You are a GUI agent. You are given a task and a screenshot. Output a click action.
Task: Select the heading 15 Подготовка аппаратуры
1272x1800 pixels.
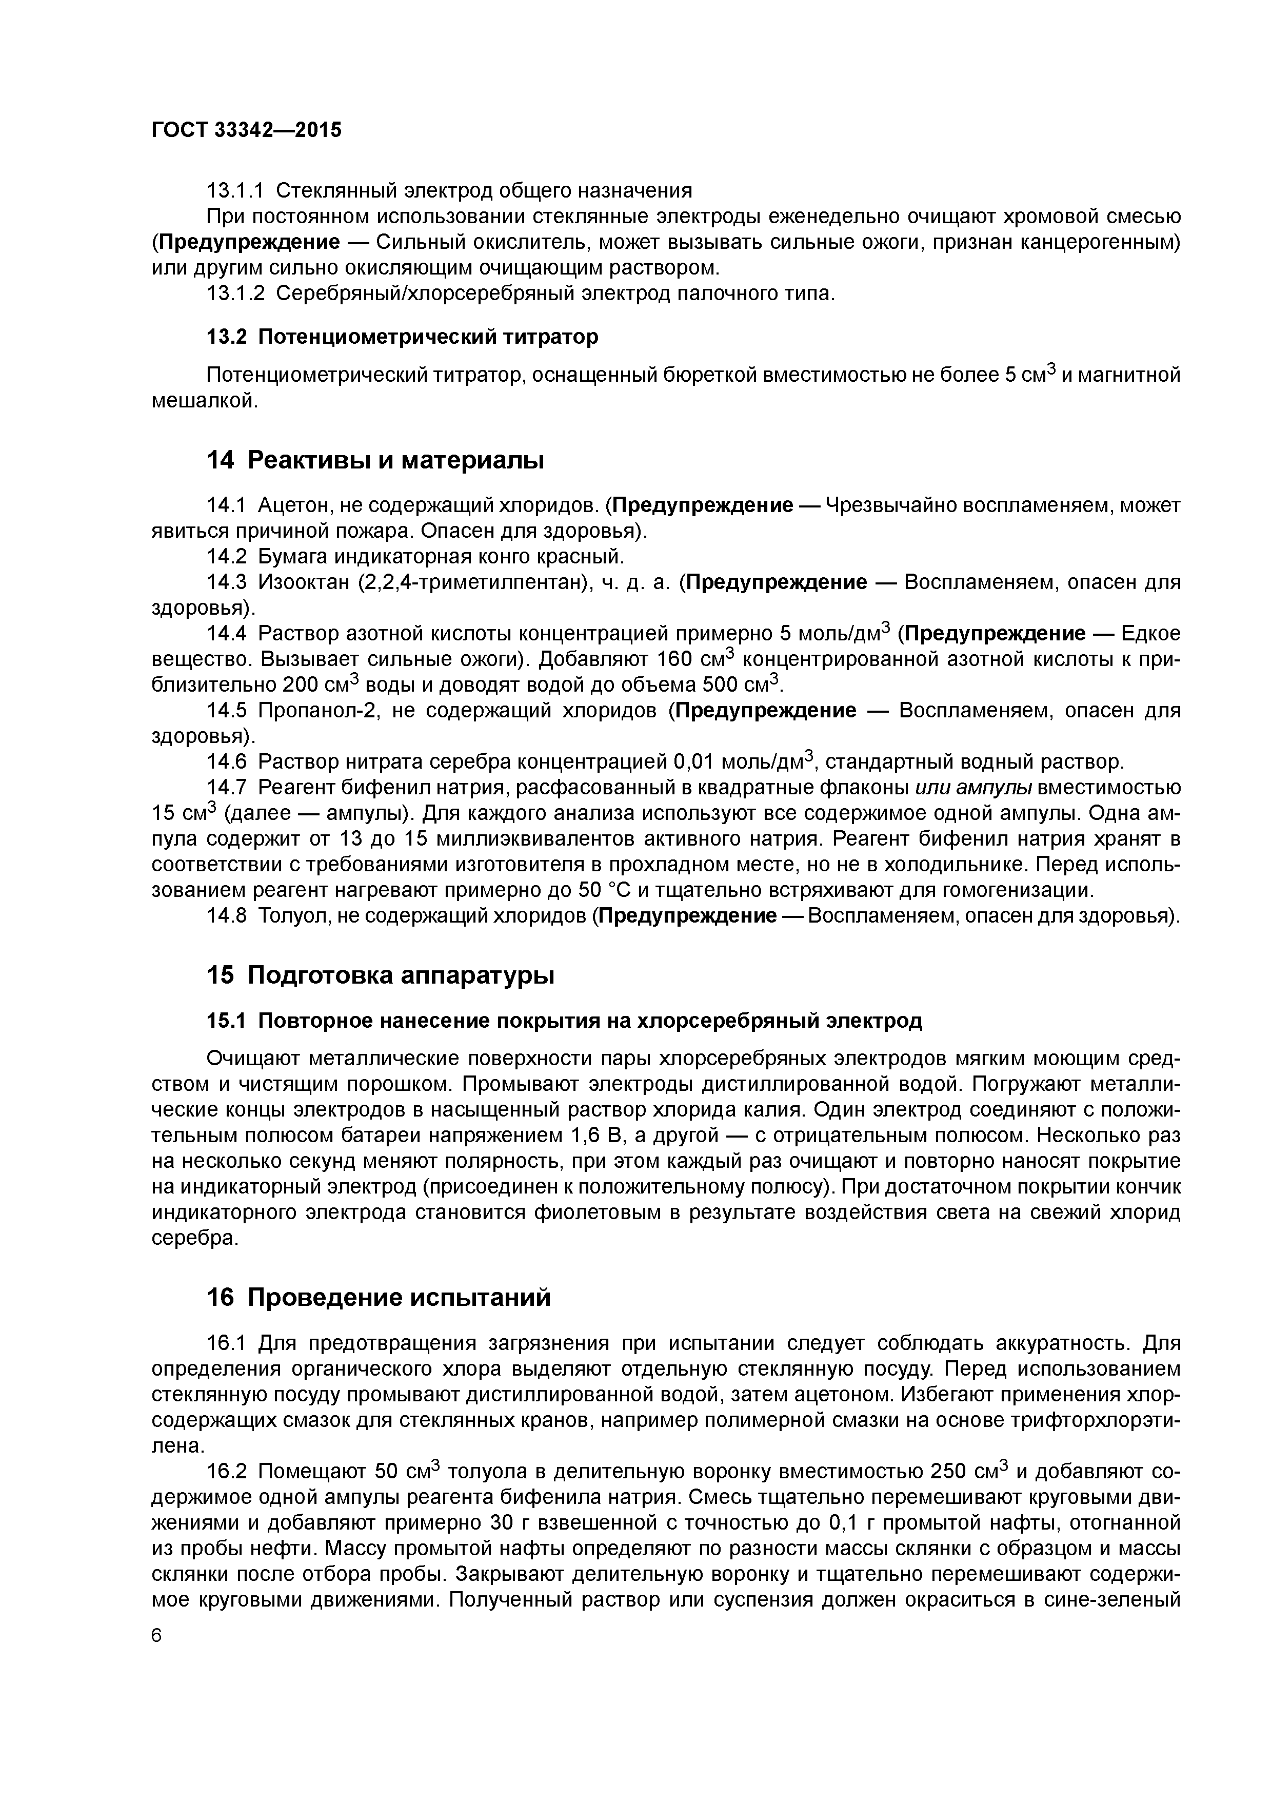[x=380, y=975]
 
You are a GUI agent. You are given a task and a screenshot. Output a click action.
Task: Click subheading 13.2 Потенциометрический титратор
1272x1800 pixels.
[x=402, y=336]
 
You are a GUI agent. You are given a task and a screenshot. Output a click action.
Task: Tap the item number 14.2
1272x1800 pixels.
[x=227, y=557]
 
